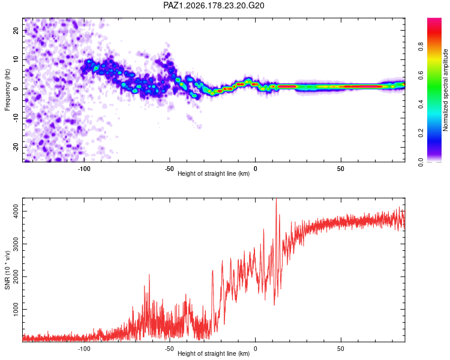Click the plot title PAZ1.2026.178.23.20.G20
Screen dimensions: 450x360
[214, 5]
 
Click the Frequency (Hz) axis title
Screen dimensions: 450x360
[7, 90]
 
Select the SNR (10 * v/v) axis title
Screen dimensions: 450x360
[7, 270]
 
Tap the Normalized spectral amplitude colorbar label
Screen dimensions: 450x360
[445, 90]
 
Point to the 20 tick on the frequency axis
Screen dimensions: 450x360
[16, 30]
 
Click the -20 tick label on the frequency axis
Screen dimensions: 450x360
[16, 147]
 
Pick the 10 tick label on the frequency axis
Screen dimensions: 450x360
[16, 59]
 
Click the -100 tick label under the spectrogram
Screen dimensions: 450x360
[84, 169]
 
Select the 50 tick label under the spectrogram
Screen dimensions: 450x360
[341, 169]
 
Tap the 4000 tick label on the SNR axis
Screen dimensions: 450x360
[16, 211]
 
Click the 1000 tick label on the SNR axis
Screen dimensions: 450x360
[16, 309]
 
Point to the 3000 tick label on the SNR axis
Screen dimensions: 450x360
[16, 244]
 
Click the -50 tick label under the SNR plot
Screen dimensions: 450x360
[170, 349]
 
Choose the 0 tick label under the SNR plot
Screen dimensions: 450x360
[255, 349]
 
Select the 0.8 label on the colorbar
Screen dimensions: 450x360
[421, 46]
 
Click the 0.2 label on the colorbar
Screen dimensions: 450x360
[421, 133]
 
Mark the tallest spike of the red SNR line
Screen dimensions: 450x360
[276, 199]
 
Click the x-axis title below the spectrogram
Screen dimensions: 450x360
[214, 173]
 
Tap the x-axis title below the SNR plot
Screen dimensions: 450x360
[214, 353]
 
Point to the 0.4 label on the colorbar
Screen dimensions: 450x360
[421, 104]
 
